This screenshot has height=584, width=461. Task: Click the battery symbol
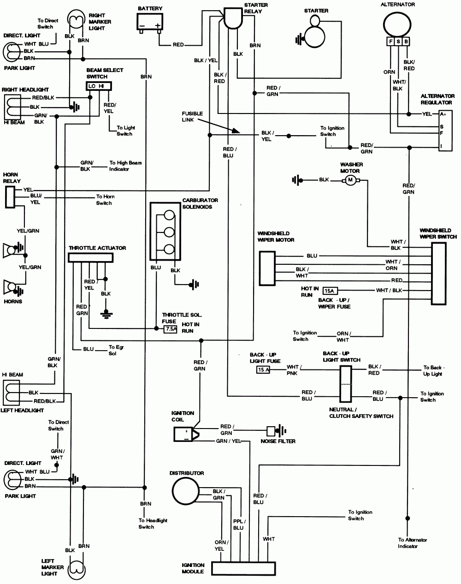click(150, 22)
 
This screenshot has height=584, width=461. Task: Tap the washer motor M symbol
click(350, 180)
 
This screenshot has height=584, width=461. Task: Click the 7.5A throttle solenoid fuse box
click(171, 329)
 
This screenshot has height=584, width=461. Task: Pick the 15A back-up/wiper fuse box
click(330, 291)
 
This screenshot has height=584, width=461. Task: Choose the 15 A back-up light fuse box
click(263, 370)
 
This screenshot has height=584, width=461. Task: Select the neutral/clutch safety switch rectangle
click(346, 384)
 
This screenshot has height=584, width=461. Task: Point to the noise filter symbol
click(271, 431)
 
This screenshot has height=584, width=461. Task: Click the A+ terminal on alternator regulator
click(443, 114)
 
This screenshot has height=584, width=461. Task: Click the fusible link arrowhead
click(236, 131)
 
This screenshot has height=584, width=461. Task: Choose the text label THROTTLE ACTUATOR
click(97, 248)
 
